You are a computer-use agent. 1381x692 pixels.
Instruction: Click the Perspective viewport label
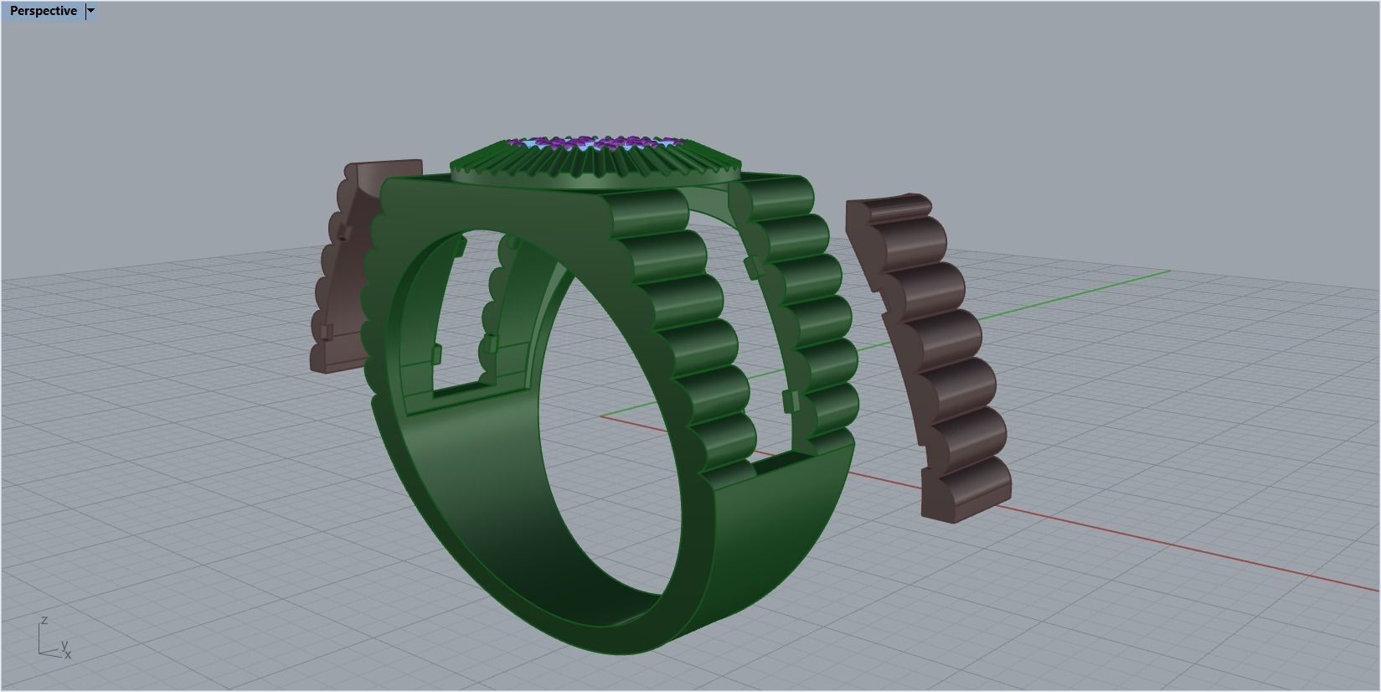(43, 11)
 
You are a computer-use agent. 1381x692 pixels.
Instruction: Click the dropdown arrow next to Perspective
(91, 11)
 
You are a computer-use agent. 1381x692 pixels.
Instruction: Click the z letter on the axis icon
(44, 621)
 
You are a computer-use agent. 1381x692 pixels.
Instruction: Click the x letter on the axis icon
(68, 655)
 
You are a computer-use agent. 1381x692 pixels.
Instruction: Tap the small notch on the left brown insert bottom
(326, 331)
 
